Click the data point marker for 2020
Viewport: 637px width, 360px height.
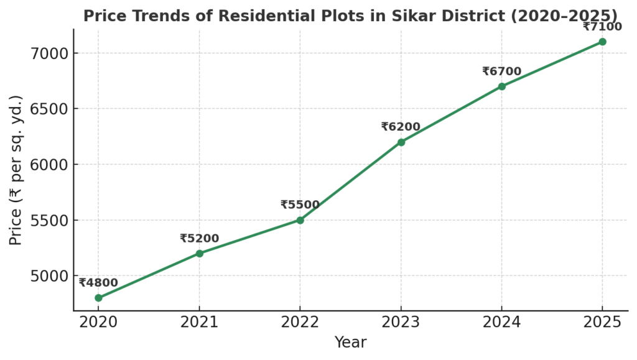tap(98, 298)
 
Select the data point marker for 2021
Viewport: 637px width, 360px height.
tap(199, 253)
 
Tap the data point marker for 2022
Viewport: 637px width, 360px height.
tap(300, 220)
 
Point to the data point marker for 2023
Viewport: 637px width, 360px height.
tap(401, 142)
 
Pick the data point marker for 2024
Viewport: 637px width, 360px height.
tap(502, 86)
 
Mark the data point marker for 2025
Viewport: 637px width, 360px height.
tap(602, 42)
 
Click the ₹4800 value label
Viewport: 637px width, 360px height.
tap(98, 283)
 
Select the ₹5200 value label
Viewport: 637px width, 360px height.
tap(199, 238)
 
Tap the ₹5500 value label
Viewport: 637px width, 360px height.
tap(300, 205)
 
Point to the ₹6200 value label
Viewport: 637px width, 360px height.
tap(401, 127)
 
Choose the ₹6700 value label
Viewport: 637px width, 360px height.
tap(501, 72)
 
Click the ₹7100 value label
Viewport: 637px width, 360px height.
tap(602, 26)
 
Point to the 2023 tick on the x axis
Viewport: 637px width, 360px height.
tap(401, 321)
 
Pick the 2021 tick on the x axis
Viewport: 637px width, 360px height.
tap(199, 321)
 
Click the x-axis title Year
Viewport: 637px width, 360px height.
tap(350, 343)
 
